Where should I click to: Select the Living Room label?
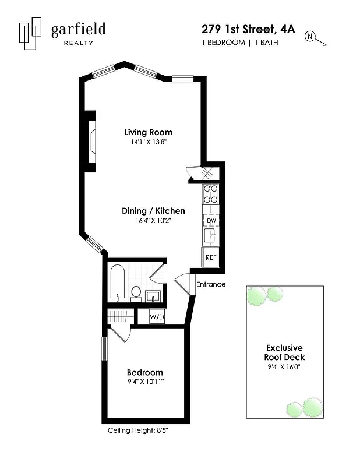click(149, 132)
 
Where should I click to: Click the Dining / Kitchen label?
click(153, 211)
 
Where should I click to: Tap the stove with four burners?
click(210, 193)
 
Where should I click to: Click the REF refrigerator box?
click(210, 257)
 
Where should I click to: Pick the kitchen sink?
click(210, 236)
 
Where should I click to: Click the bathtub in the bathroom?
click(118, 284)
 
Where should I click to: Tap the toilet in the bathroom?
click(136, 292)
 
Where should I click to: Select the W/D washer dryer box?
click(157, 317)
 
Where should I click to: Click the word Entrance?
click(211, 285)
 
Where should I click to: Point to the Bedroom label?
click(145, 372)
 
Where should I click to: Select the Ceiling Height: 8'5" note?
click(138, 430)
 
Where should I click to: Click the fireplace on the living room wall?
click(91, 141)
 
